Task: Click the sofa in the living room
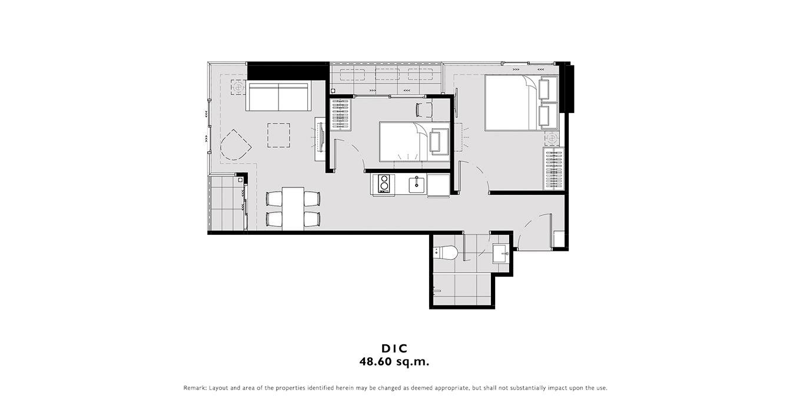278,96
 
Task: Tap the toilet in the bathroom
445,253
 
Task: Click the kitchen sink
417,184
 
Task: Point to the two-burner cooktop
383,184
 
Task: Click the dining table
293,208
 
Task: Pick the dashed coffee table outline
278,135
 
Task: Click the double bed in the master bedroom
521,102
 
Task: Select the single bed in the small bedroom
414,141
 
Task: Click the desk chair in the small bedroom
424,109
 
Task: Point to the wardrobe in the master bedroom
554,169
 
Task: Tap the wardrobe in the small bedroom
341,115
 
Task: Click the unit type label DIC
394,348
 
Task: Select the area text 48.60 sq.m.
394,362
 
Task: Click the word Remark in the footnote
195,388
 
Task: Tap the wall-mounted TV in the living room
321,137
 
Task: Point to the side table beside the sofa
238,87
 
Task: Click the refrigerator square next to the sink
439,185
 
